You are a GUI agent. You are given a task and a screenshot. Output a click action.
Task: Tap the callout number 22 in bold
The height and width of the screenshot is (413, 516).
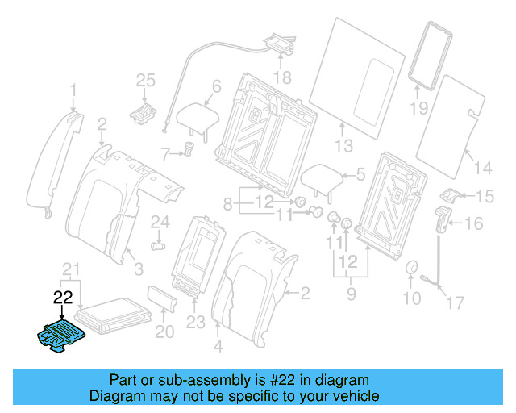pos(63,296)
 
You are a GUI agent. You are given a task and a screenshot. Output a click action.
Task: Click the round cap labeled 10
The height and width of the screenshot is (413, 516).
pos(411,269)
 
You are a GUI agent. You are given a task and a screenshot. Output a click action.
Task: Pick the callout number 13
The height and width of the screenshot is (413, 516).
pos(344,146)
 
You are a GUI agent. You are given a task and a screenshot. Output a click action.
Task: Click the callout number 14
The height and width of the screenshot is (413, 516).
pos(481,168)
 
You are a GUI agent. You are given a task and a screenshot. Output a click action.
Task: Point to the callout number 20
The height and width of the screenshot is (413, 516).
pos(164,331)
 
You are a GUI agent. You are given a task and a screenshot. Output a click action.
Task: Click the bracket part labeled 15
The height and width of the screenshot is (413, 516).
pos(451,196)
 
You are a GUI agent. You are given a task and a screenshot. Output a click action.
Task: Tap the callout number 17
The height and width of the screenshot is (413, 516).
pos(456,303)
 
